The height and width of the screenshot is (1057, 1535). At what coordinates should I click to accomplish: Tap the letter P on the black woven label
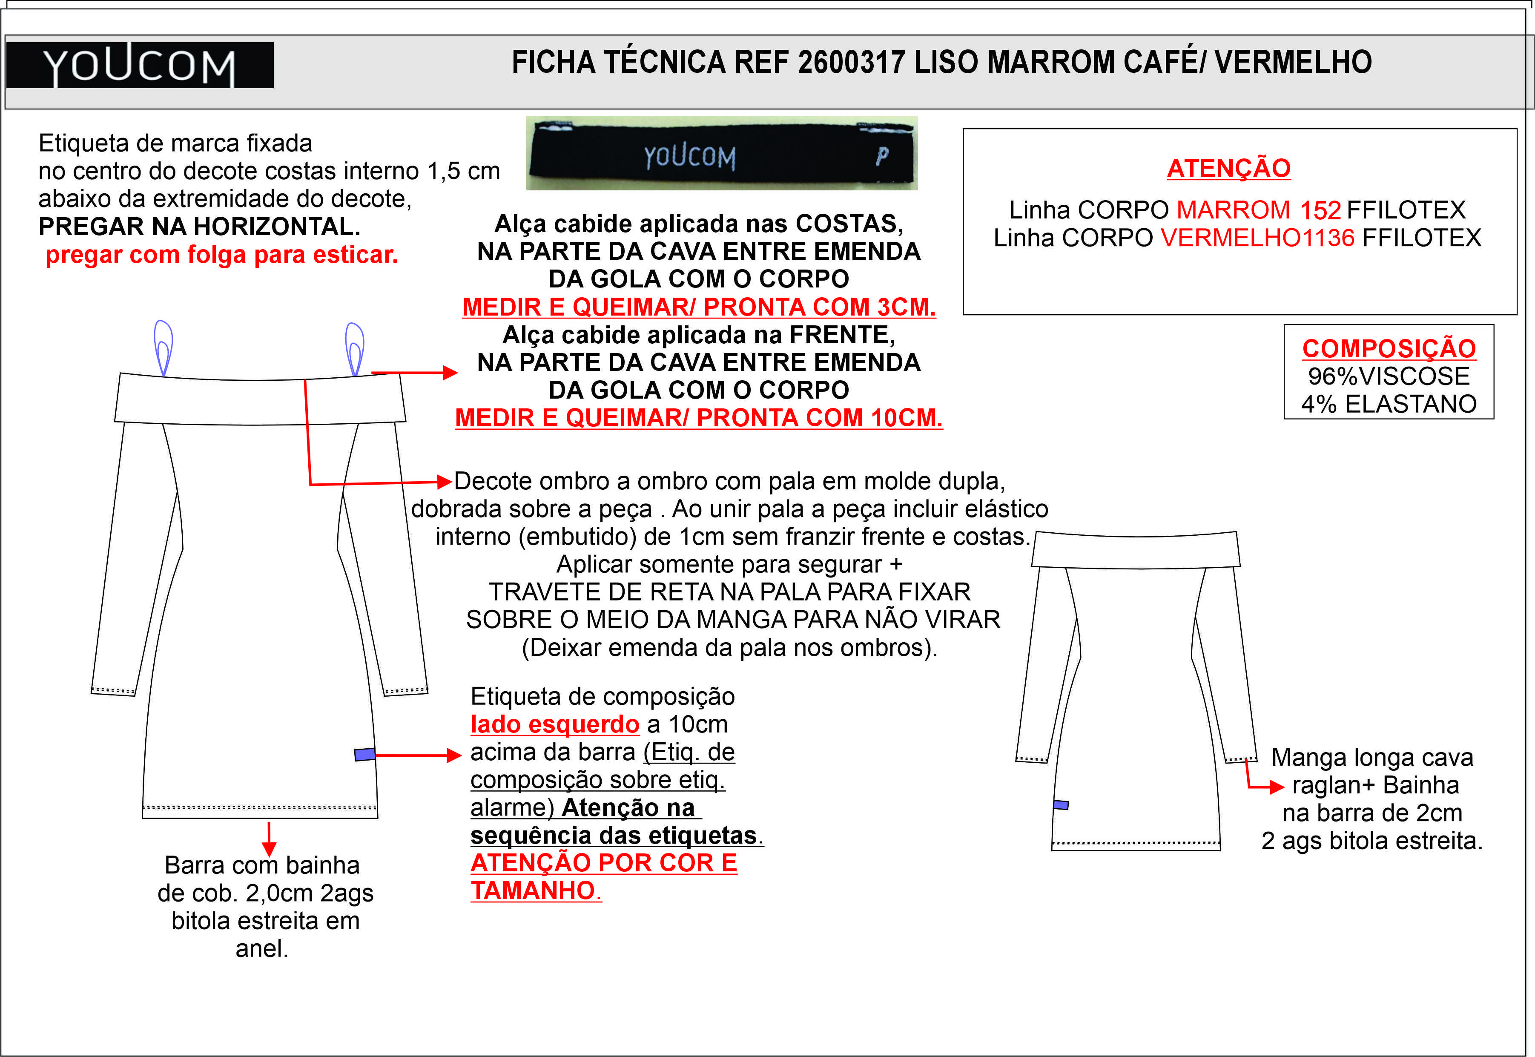881,156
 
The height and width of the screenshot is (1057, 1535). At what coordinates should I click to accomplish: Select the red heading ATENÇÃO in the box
1228,168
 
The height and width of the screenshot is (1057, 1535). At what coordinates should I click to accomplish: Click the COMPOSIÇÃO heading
1389,348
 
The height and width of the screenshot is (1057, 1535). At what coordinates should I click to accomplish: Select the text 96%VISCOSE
1389,376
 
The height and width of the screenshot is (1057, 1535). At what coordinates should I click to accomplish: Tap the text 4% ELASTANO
1389,404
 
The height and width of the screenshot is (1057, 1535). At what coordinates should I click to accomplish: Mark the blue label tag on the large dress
365,754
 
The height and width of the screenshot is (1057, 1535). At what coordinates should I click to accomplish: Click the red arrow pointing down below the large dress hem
269,841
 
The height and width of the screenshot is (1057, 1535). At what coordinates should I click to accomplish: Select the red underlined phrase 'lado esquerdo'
555,724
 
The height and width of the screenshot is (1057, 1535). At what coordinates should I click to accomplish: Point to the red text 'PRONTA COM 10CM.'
819,418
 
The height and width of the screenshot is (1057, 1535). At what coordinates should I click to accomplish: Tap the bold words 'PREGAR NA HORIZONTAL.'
199,227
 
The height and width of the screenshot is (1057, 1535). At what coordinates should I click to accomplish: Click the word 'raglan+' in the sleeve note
1334,785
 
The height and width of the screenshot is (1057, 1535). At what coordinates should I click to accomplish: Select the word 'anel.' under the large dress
262,949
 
